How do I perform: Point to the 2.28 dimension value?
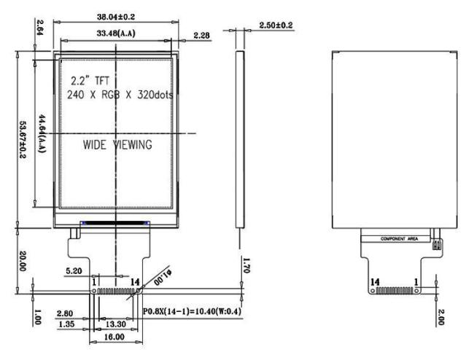tap(201, 35)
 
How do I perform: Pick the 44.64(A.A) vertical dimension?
tap(42, 133)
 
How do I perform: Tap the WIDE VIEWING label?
tap(117, 145)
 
